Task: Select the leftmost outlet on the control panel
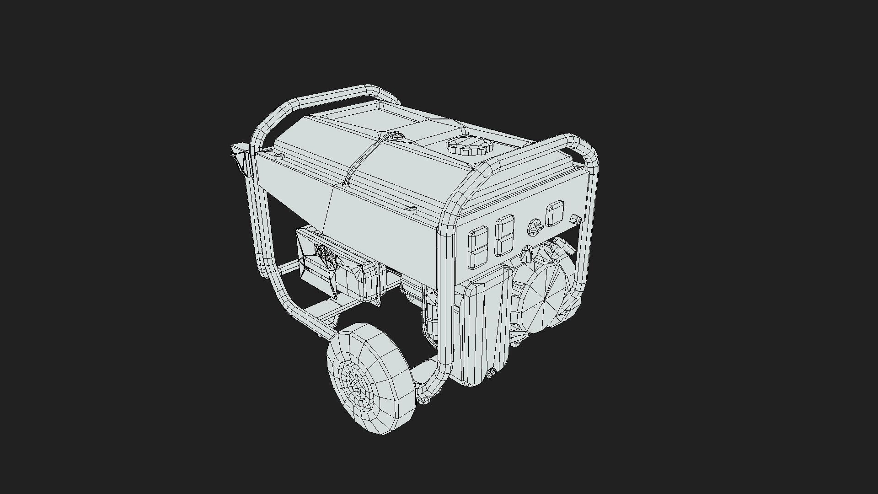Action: click(x=478, y=247)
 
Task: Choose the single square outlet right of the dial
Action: click(x=555, y=213)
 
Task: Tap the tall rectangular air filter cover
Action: click(x=486, y=327)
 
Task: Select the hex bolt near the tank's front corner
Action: click(x=410, y=210)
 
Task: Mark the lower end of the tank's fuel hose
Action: click(x=346, y=184)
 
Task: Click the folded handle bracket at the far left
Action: click(x=241, y=158)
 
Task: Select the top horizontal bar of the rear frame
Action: click(x=334, y=97)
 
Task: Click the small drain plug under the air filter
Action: click(x=492, y=373)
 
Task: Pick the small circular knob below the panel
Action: click(x=527, y=254)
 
